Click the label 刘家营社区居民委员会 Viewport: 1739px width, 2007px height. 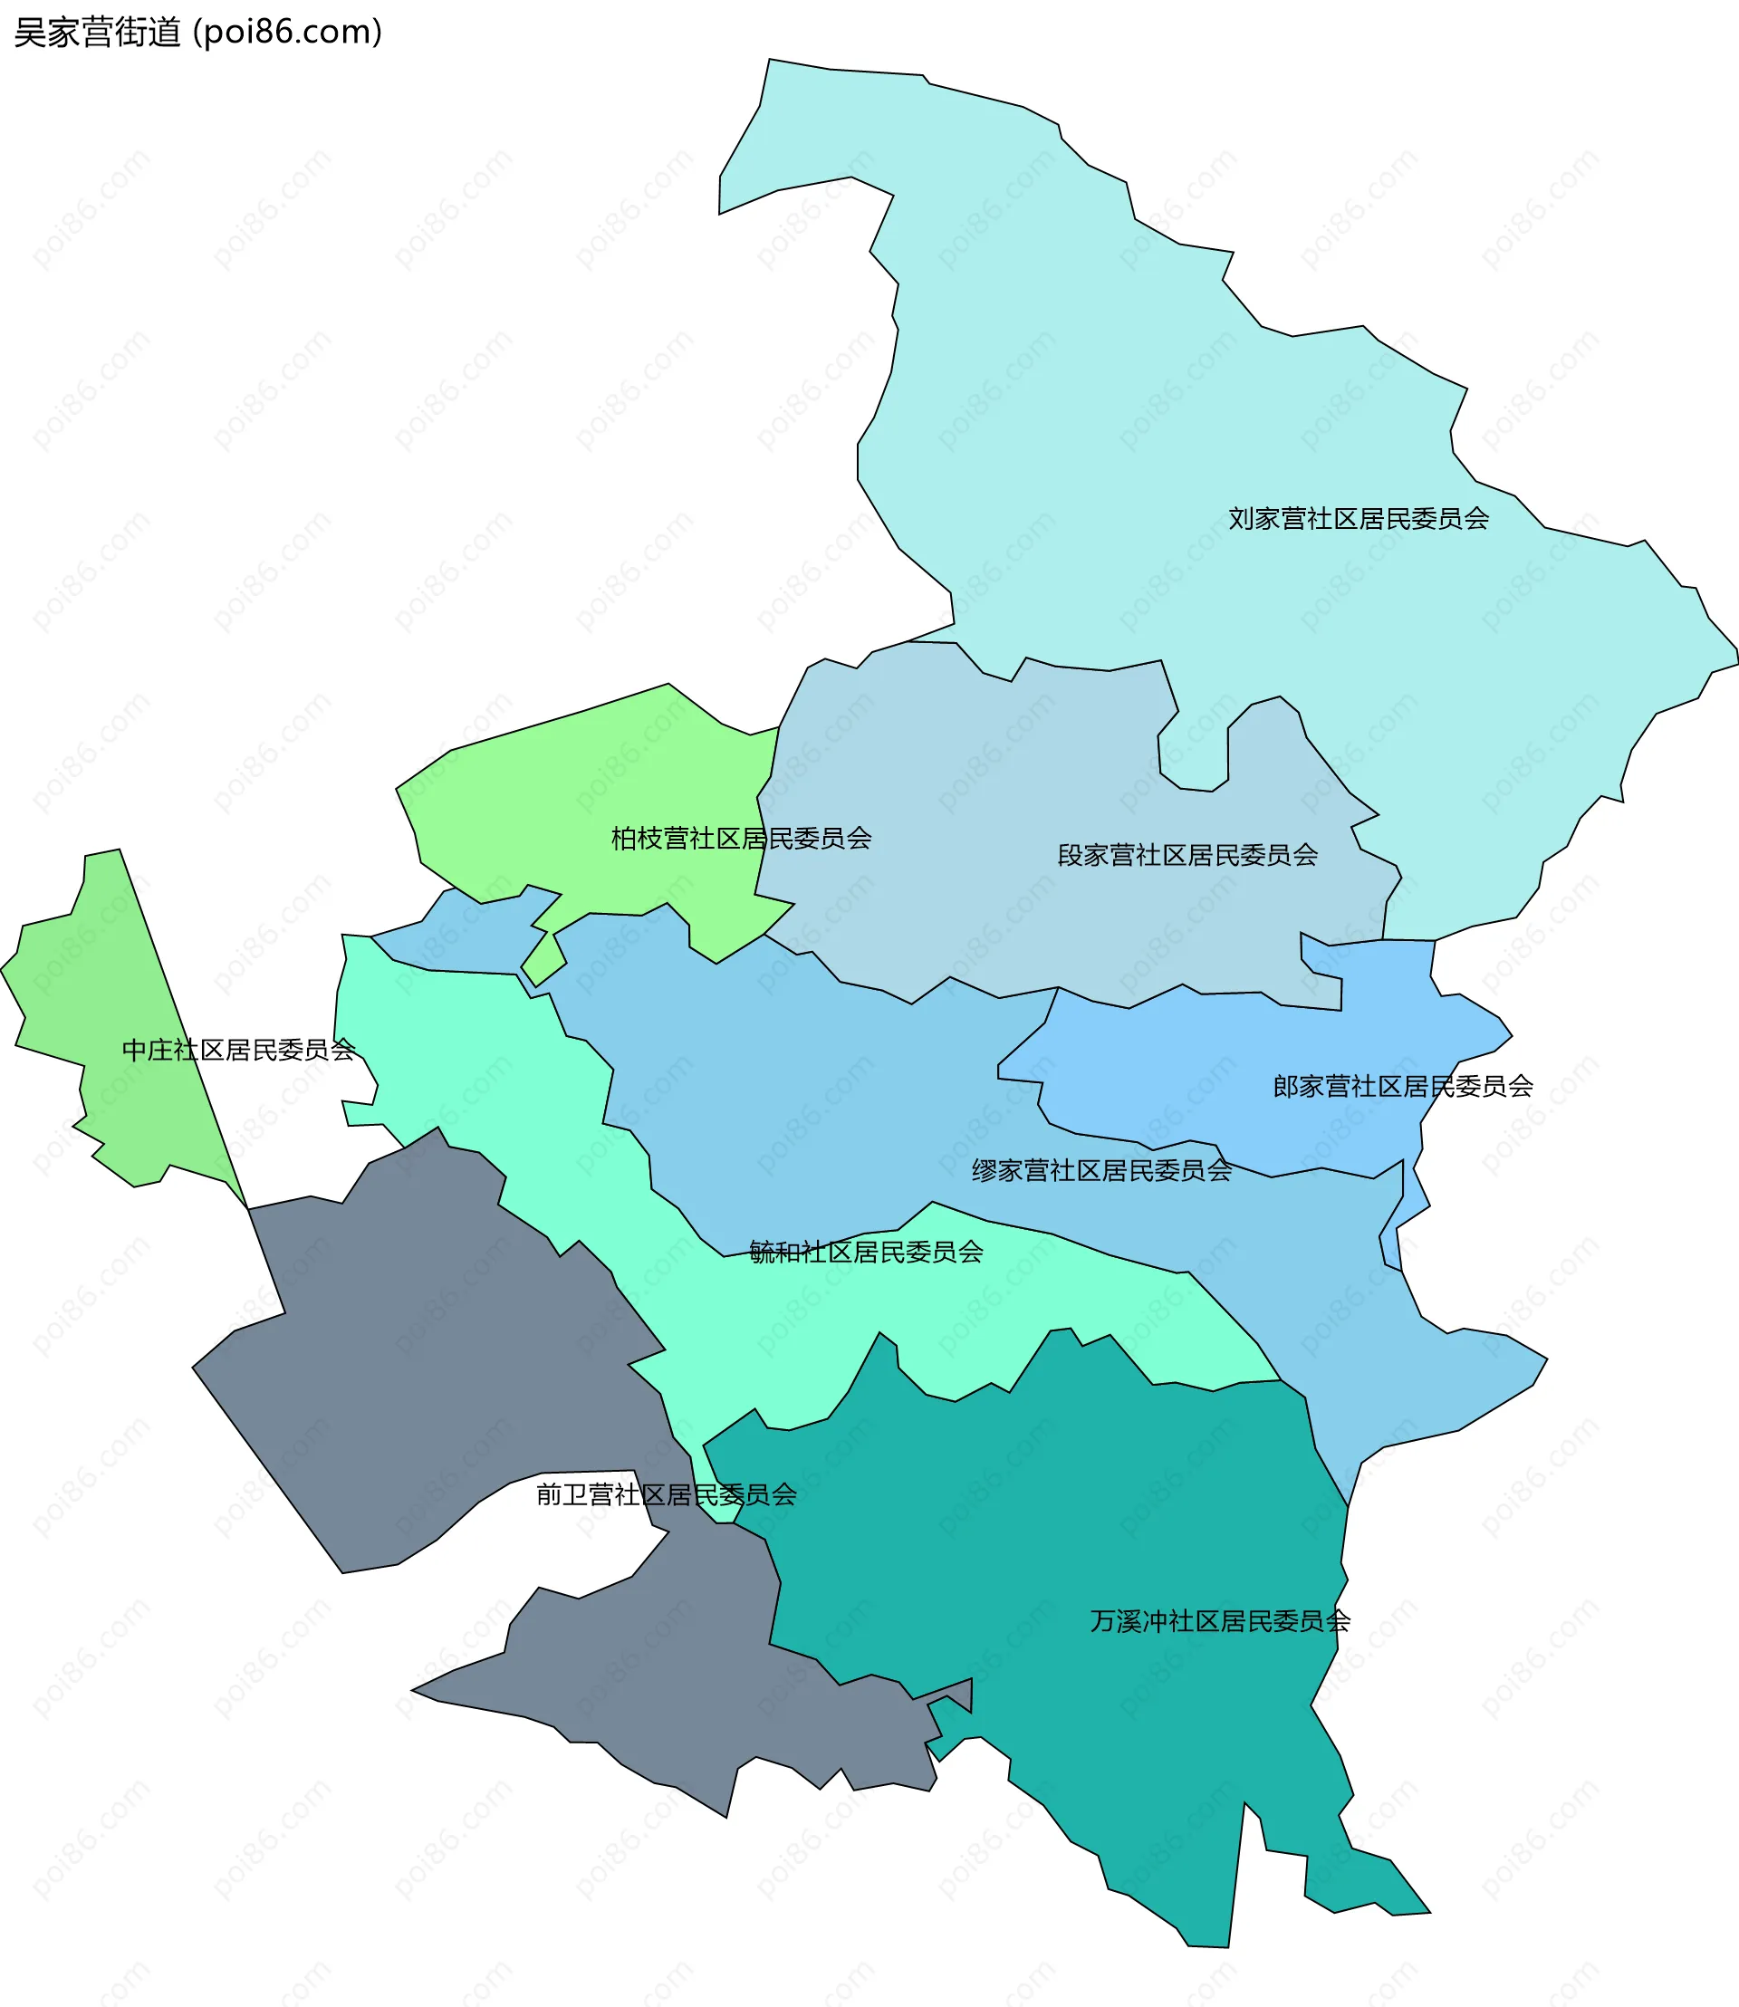(x=1359, y=519)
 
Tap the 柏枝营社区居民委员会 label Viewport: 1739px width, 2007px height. (x=741, y=839)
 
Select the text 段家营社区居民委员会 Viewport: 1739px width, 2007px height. (x=1187, y=855)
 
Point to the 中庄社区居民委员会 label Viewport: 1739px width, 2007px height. (x=239, y=1050)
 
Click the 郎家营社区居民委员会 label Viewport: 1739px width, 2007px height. (x=1402, y=1086)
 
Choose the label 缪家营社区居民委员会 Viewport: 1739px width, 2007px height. (x=1101, y=1170)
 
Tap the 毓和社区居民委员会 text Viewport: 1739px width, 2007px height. (x=866, y=1252)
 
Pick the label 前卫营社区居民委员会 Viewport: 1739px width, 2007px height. (x=667, y=1494)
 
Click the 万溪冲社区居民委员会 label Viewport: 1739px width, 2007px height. (x=1220, y=1621)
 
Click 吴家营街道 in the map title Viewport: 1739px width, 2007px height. (x=97, y=33)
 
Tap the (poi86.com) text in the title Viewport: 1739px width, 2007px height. (x=287, y=33)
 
